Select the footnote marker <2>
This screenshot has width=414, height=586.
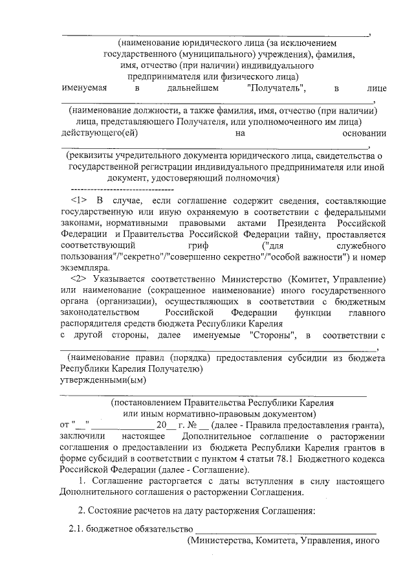(x=78, y=278)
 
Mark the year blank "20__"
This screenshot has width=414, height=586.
(x=162, y=425)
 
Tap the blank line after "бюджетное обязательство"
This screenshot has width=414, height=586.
(x=277, y=529)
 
